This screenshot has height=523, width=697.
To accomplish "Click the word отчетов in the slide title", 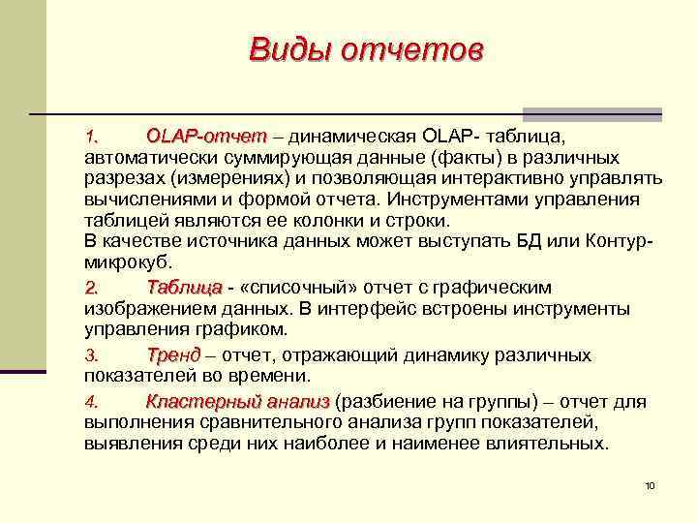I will click(410, 49).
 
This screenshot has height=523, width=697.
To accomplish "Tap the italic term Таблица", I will click(184, 288).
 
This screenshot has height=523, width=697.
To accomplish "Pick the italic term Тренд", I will click(173, 355).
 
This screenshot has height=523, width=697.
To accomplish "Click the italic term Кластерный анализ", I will click(237, 401).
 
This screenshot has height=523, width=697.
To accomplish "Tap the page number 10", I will click(650, 484).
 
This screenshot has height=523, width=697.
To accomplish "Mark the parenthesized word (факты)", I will click(442, 156).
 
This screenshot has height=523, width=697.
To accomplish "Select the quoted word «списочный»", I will click(296, 288).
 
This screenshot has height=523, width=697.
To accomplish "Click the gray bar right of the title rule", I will click(592, 114).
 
